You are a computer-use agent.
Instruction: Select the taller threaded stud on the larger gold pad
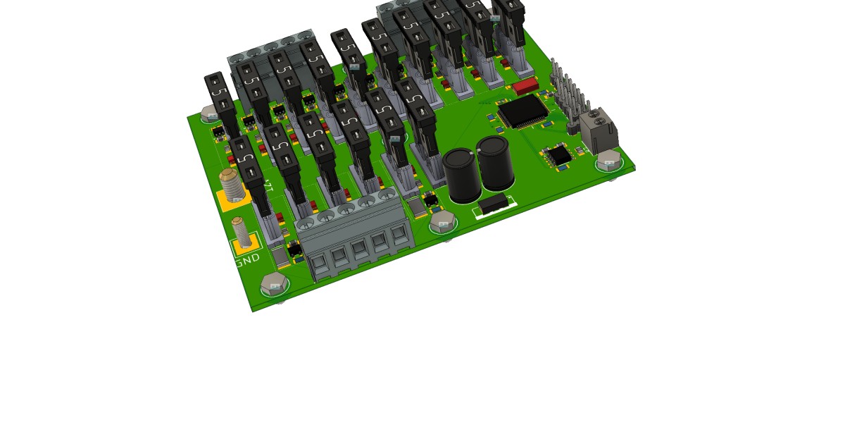click(x=231, y=185)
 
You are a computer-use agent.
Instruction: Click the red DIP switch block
click(x=525, y=87)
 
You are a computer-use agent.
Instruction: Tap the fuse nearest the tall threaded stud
click(x=248, y=169)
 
